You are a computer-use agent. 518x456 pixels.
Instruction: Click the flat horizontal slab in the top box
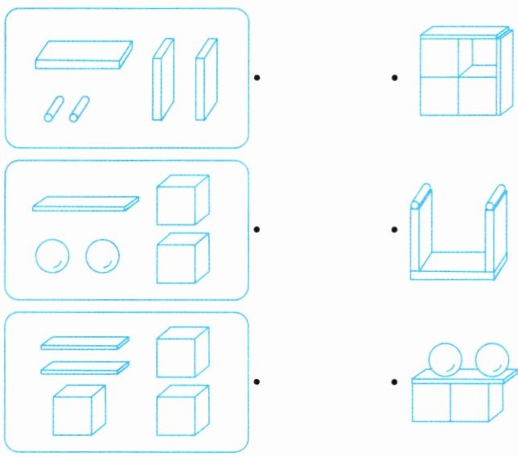(x=84, y=54)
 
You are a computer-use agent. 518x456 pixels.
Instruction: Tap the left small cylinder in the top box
(x=53, y=109)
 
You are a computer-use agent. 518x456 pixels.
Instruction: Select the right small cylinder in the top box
(x=79, y=109)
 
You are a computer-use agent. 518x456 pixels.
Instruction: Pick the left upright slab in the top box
(x=163, y=79)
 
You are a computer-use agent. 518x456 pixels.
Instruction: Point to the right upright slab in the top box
(x=206, y=79)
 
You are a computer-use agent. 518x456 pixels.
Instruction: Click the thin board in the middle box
(x=85, y=203)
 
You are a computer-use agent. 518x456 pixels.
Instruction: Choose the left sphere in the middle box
(x=52, y=257)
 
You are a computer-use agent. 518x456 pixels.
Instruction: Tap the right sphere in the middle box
(x=103, y=257)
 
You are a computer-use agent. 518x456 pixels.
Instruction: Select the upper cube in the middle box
(x=182, y=200)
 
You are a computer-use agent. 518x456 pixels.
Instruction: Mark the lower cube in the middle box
(x=182, y=258)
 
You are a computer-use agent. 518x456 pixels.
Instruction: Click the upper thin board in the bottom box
(x=84, y=343)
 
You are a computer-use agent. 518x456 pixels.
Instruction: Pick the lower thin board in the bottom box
(x=84, y=368)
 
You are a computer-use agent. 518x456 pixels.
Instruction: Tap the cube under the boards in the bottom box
(x=79, y=411)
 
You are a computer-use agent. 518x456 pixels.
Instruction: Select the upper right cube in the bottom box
(x=182, y=351)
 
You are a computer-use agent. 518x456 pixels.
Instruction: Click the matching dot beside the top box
(x=257, y=78)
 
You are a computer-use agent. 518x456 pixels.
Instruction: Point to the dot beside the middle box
(x=257, y=229)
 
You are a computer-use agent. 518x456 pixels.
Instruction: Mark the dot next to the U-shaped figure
(x=394, y=229)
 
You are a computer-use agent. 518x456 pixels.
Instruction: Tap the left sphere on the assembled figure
(x=443, y=359)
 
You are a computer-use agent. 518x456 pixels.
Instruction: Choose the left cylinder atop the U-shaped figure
(x=419, y=197)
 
